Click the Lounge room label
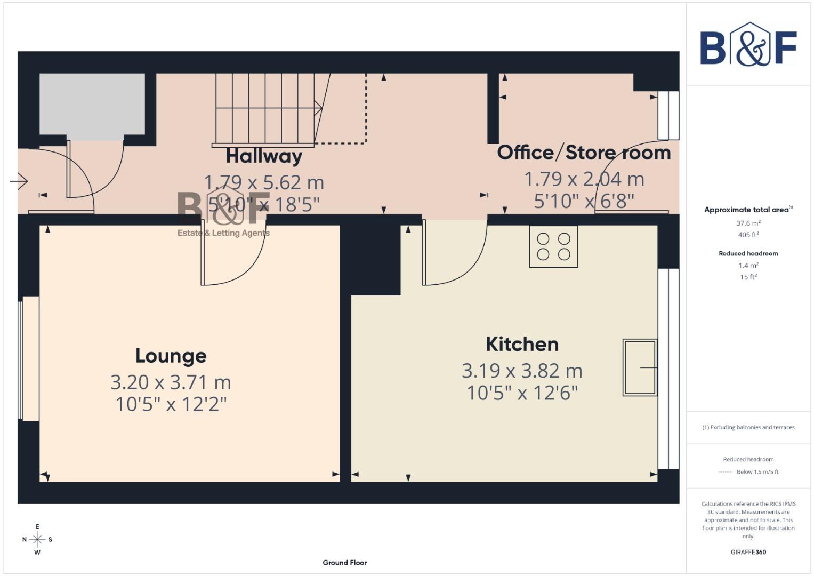tap(171, 356)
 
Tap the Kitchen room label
tap(522, 345)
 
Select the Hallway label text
tap(264, 156)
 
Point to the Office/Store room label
tap(584, 153)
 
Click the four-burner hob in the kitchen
tap(553, 246)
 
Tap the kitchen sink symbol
tap(640, 367)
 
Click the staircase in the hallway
tap(267, 109)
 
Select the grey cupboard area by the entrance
tap(92, 104)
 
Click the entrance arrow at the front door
tap(19, 181)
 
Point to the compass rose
tap(37, 540)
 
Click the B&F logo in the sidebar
tap(748, 46)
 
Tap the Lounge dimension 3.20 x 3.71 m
tap(171, 382)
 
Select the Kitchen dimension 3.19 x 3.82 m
tap(522, 371)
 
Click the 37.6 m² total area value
tap(748, 223)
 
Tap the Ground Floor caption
tap(344, 563)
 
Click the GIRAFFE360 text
tap(748, 552)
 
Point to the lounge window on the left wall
tap(29, 358)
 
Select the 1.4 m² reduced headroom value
tap(748, 266)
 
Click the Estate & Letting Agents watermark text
tap(223, 233)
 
